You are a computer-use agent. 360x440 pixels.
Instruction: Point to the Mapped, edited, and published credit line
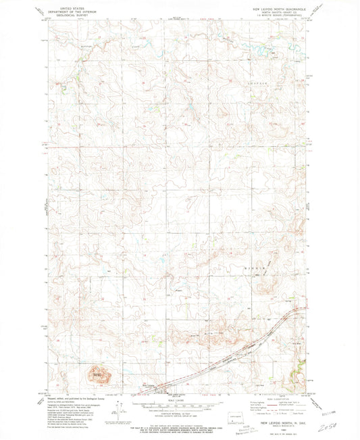[73, 396]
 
